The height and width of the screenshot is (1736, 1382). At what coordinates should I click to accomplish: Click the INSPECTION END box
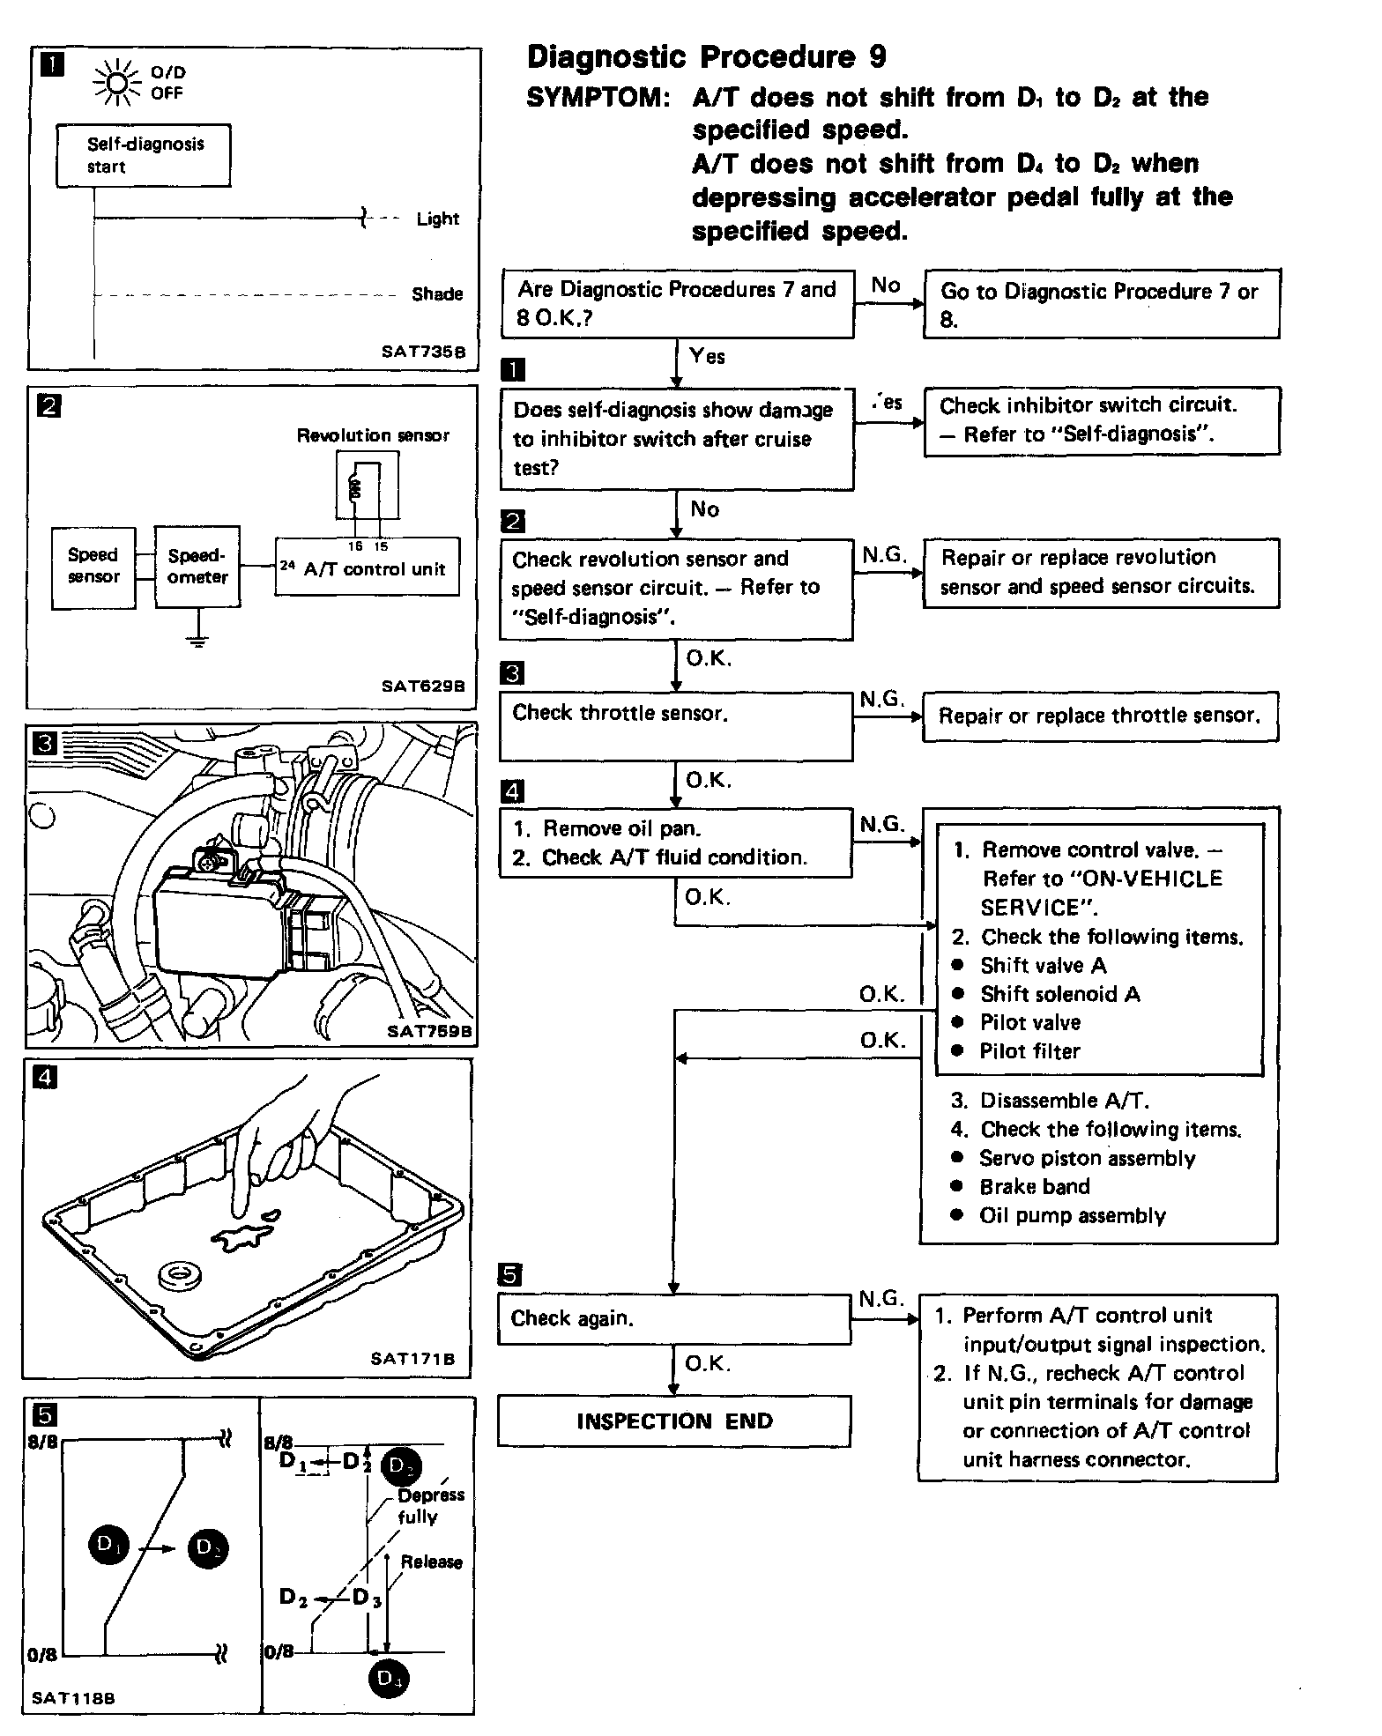click(x=674, y=1421)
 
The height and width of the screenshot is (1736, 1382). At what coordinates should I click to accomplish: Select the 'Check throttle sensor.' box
click(x=675, y=725)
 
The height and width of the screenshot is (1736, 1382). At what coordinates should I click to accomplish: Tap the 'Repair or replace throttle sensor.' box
click(x=1100, y=716)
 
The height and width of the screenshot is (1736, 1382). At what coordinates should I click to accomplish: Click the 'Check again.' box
click(x=674, y=1318)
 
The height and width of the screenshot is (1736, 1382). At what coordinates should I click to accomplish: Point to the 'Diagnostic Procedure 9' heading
click(x=706, y=57)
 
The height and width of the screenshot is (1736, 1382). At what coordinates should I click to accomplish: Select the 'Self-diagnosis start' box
click(x=144, y=155)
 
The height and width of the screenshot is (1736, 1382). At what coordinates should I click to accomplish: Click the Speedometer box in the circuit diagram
click(x=197, y=567)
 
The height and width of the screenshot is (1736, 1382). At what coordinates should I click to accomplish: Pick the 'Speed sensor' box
click(x=93, y=567)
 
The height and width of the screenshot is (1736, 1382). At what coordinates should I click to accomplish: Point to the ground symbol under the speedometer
click(x=198, y=641)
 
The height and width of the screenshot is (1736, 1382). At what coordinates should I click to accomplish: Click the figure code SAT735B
click(x=422, y=351)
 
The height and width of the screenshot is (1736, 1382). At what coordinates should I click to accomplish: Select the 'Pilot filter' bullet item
click(x=1029, y=1051)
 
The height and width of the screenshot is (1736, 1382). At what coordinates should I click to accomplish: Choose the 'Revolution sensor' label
click(x=372, y=435)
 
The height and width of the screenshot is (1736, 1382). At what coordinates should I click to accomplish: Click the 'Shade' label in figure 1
click(x=437, y=294)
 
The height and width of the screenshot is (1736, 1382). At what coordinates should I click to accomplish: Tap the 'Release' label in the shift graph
click(x=431, y=1562)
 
